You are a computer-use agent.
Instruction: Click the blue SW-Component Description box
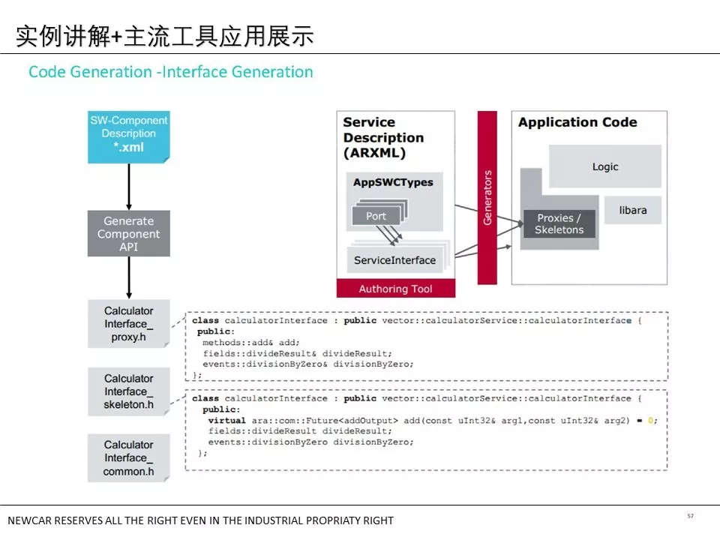point(128,136)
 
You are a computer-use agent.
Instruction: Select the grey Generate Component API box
point(128,233)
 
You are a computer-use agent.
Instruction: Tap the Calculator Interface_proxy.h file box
point(128,324)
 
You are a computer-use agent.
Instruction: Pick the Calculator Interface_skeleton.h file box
point(128,391)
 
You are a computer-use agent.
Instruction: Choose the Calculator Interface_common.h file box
point(128,457)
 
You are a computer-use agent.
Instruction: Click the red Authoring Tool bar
point(396,288)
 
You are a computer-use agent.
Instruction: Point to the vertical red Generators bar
point(487,197)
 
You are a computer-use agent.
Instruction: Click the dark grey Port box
point(376,216)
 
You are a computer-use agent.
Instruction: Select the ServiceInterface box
point(395,260)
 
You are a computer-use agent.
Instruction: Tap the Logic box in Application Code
point(605,166)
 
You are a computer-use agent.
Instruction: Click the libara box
point(633,210)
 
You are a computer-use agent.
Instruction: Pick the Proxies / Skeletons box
point(559,223)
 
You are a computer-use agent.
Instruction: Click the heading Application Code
point(577,122)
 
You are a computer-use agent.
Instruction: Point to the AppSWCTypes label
point(393,182)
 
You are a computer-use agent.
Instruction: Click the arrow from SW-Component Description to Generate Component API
point(129,187)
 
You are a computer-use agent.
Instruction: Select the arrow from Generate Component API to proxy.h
point(129,277)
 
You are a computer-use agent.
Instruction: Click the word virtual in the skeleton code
point(226,420)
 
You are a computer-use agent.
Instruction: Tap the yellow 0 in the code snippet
point(650,420)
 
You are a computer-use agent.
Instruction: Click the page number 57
point(690,516)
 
